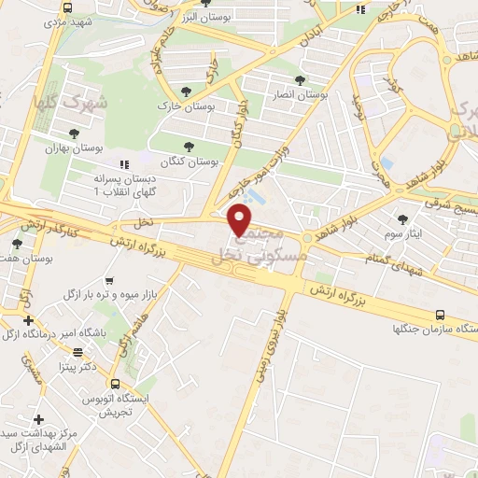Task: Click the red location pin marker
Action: click(240, 219)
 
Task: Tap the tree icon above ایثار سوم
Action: click(402, 218)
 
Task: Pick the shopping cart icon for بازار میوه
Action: click(111, 279)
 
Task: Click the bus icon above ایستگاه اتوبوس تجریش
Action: click(115, 383)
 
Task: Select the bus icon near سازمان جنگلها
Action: click(445, 317)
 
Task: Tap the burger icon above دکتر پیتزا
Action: click(91, 355)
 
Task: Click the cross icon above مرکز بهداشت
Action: click(38, 419)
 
